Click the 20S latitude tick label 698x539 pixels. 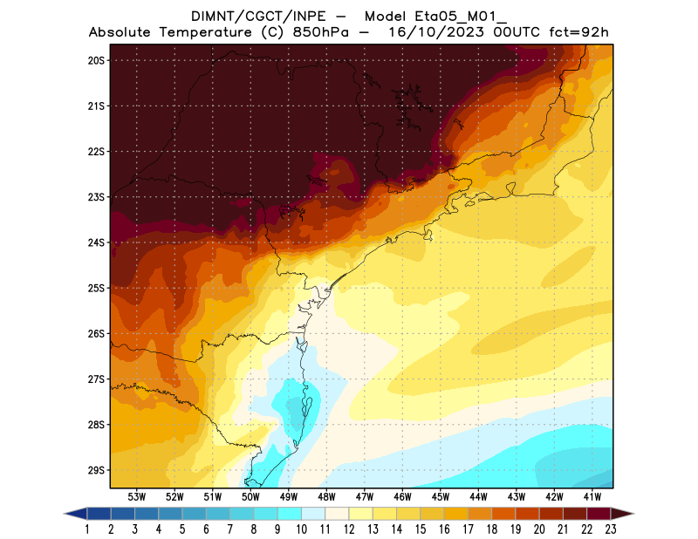96,60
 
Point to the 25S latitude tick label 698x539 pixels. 96,288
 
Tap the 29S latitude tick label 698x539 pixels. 96,470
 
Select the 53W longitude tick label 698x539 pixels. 137,496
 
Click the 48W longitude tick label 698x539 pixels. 327,496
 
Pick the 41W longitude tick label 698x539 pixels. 593,496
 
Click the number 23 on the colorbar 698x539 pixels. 611,529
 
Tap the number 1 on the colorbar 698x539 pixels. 87,529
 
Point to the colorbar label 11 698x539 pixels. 325,529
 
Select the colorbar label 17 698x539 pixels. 469,529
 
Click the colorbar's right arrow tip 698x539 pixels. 633,513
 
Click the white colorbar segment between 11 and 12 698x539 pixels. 337,513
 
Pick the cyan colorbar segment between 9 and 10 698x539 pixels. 290,513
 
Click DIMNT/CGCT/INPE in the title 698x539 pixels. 250,17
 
